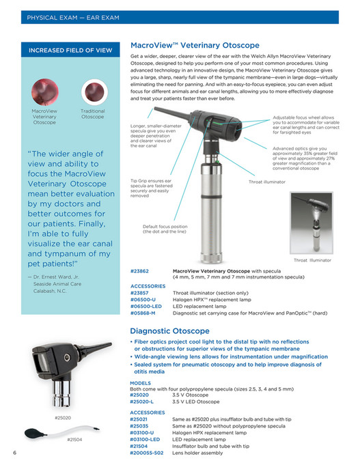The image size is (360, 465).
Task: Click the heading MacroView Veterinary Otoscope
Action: click(x=194, y=45)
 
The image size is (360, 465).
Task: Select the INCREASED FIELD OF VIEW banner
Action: click(x=70, y=51)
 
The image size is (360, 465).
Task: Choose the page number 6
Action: click(x=14, y=453)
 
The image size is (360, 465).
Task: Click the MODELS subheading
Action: click(x=141, y=383)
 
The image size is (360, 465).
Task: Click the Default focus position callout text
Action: click(x=165, y=229)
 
